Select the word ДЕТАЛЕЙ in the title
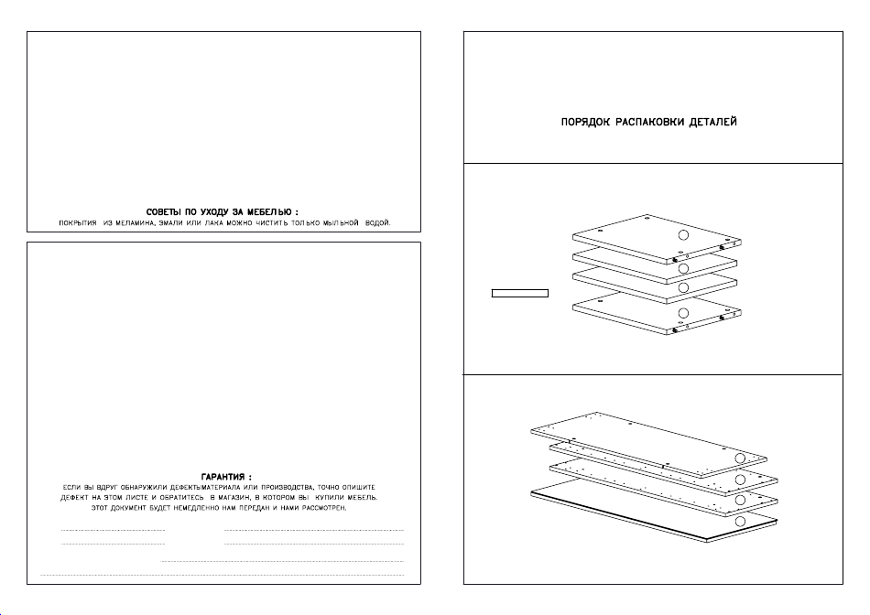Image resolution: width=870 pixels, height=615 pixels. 715,122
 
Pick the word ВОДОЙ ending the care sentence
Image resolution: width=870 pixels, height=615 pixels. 377,223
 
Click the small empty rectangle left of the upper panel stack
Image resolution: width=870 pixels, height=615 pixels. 520,294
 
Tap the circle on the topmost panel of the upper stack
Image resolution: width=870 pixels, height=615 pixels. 681,236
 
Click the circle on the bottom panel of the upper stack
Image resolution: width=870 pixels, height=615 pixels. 681,314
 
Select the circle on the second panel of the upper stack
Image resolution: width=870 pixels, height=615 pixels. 681,268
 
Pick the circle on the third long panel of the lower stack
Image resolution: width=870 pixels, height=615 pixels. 740,500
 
